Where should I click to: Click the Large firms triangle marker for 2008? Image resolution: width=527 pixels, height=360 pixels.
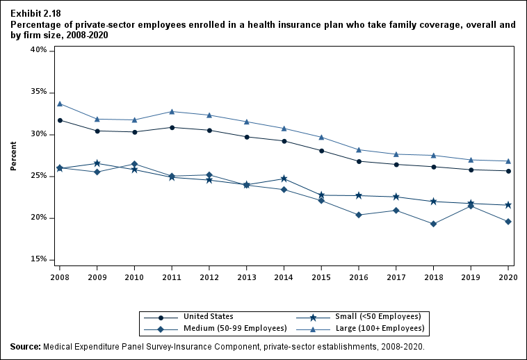point(60,104)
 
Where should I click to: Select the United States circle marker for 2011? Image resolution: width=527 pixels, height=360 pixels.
point(172,127)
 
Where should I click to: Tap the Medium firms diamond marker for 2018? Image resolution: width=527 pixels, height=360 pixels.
point(433,224)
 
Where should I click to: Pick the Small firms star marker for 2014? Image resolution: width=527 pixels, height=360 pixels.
point(284,179)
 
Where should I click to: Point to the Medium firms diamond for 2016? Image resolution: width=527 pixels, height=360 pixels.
point(359,215)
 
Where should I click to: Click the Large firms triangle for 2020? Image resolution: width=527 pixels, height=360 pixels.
point(508,161)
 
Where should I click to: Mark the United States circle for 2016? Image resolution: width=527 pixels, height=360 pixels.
point(359,161)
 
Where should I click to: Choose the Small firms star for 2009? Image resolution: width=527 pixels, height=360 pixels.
point(97,163)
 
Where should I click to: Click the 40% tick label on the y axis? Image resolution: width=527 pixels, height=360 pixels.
point(38,50)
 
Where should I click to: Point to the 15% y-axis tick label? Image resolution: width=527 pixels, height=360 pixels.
point(38,259)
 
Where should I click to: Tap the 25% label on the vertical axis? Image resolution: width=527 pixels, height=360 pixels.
point(38,176)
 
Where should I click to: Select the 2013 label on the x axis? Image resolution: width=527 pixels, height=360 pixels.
point(246,277)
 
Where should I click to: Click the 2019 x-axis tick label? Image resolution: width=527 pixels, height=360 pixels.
point(471,277)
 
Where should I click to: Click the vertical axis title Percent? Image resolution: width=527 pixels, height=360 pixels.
point(13,156)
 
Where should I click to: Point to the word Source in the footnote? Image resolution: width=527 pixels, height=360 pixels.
point(25,346)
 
